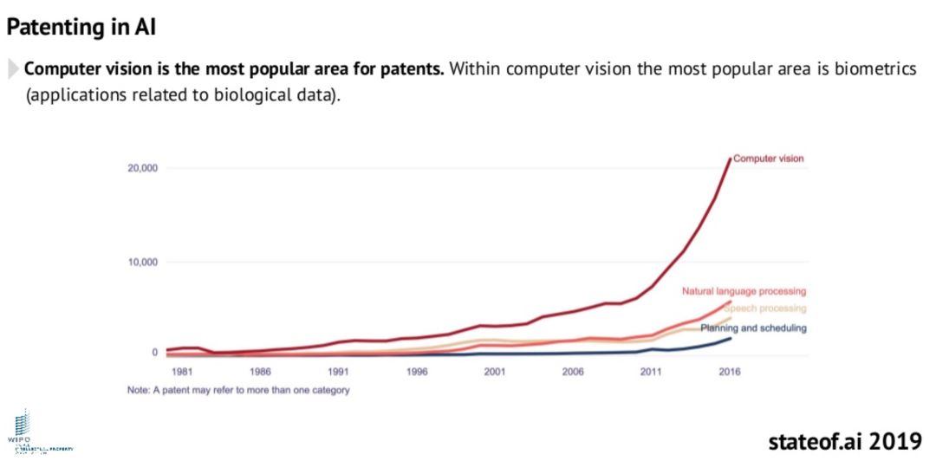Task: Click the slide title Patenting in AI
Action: [81, 28]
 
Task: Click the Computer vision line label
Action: [769, 159]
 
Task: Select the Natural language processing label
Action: [744, 291]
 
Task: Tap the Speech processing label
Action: [766, 308]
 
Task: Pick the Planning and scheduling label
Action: [753, 328]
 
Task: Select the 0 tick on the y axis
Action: [154, 353]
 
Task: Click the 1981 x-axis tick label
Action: [181, 372]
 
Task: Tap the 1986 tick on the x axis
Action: [260, 372]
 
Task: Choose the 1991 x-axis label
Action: [338, 372]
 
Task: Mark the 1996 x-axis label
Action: [416, 372]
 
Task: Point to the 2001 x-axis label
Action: [494, 372]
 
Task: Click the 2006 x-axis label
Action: [572, 372]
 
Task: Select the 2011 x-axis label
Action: [650, 372]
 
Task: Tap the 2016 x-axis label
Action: [728, 372]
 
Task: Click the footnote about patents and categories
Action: [237, 390]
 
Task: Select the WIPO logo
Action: [23, 429]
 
